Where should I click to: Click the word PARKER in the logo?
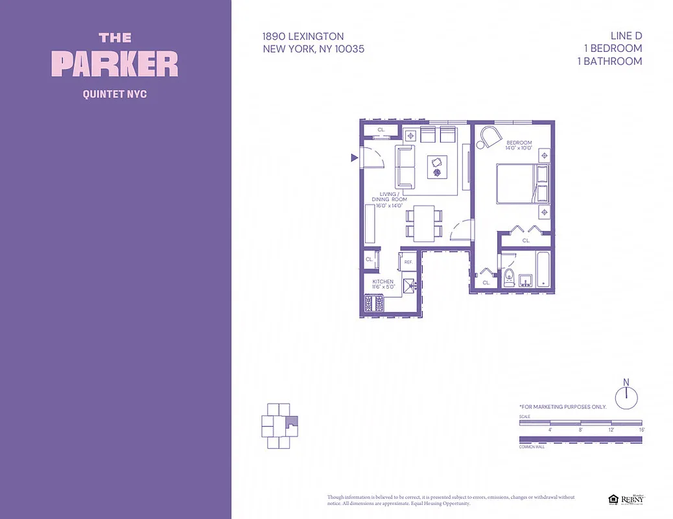tap(115, 64)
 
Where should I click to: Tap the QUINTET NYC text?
tap(115, 94)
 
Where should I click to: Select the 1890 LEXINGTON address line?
tap(303, 36)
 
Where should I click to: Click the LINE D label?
tap(626, 36)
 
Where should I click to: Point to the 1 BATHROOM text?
tap(609, 61)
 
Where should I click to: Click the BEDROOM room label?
tap(519, 143)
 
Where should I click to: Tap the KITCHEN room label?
tap(383, 282)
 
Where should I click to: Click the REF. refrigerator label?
tap(408, 262)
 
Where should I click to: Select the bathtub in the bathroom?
tap(543, 269)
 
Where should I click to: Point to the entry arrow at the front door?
tap(354, 158)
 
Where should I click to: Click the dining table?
tap(424, 221)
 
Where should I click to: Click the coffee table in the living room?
tap(436, 167)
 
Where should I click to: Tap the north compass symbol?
tap(626, 396)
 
